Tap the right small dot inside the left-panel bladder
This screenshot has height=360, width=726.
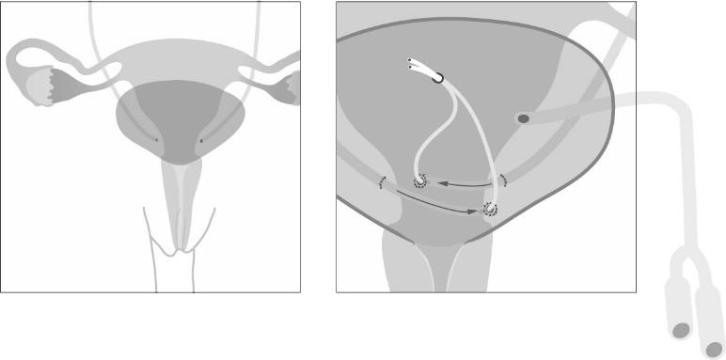[x=201, y=142]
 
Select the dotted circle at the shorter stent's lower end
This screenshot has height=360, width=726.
[x=419, y=181]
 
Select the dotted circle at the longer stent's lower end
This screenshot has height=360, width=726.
[x=490, y=209]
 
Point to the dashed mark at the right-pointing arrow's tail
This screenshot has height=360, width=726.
[x=382, y=181]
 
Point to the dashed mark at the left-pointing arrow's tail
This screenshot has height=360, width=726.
[x=503, y=179]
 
